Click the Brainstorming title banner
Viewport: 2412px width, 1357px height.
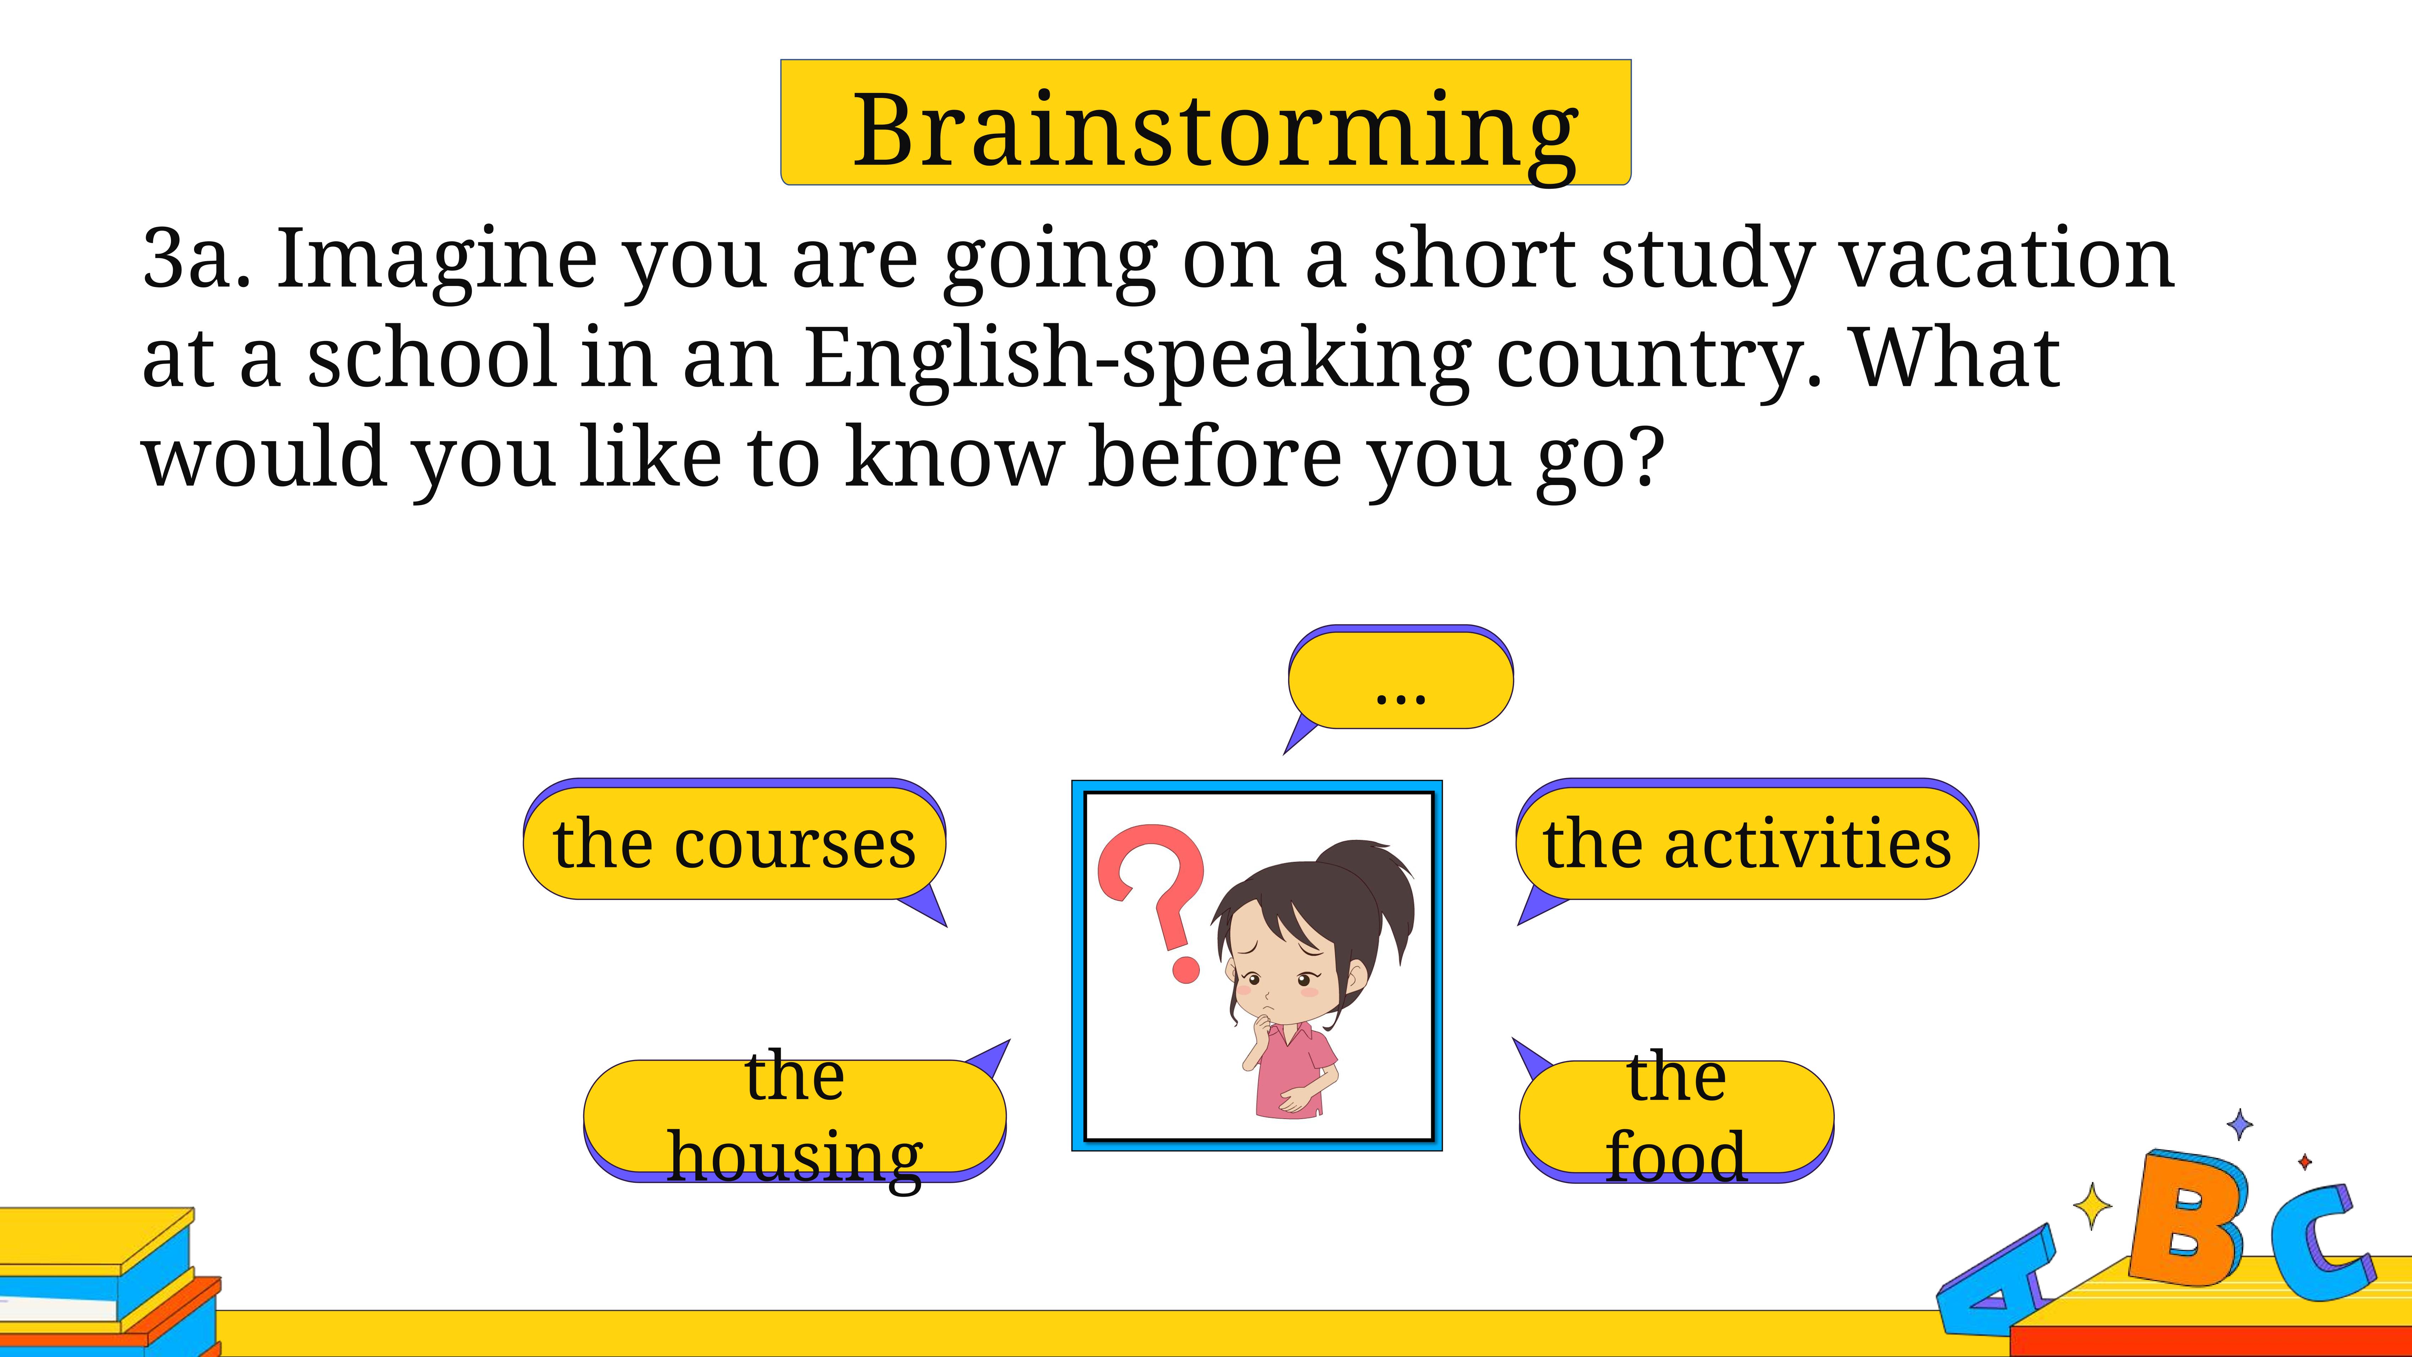[1206, 123]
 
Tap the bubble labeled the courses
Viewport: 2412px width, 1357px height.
[735, 843]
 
